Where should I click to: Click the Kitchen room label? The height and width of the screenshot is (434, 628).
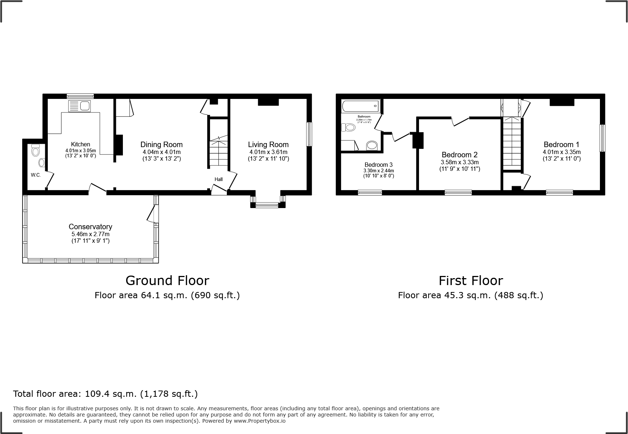point(80,145)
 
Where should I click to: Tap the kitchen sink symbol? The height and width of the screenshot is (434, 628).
point(79,106)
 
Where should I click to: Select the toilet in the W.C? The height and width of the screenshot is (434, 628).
point(35,150)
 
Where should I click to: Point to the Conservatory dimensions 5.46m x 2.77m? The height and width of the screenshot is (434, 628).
point(90,234)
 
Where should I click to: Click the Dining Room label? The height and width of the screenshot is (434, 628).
point(161,145)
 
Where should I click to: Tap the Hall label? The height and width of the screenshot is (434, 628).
point(218,179)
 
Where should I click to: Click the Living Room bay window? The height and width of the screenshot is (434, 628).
point(268,205)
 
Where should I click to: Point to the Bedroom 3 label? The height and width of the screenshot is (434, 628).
point(378,165)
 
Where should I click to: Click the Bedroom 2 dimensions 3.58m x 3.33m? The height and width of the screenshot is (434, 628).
point(460,162)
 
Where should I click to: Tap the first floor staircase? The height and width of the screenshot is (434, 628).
point(512,142)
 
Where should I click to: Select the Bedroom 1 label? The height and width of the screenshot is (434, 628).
point(561,145)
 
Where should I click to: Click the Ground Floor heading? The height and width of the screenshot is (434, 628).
point(167,280)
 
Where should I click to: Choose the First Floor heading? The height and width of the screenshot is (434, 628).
point(470,280)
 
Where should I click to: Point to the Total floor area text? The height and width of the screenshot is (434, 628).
point(105,393)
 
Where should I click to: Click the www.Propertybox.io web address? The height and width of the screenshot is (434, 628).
point(259,421)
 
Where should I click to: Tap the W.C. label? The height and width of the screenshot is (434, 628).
point(36,175)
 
